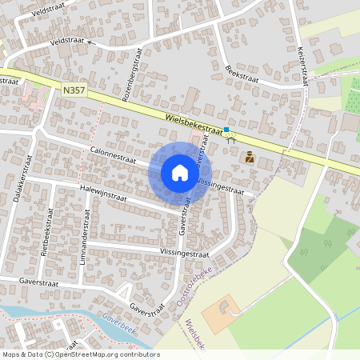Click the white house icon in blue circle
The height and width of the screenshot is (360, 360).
click(x=180, y=173)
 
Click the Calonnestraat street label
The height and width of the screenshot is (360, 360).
click(x=113, y=150)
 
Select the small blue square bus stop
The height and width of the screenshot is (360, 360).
click(x=226, y=130)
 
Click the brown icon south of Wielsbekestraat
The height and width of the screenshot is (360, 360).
click(x=250, y=158)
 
